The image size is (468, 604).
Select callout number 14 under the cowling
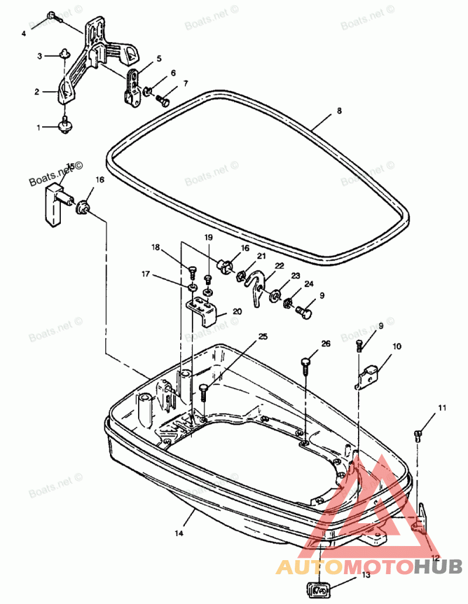coord(179,533)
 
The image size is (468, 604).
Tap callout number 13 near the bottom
coord(366,575)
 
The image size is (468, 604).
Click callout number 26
coord(326,344)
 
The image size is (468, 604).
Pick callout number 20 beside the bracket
coord(237,312)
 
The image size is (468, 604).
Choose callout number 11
coord(442,407)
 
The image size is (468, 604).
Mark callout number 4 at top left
coord(24,34)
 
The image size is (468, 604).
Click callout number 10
coord(397,346)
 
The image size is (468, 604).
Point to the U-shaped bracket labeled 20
coord(204,310)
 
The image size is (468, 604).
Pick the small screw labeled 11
coord(418,434)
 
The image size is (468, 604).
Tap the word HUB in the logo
coord(439,567)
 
